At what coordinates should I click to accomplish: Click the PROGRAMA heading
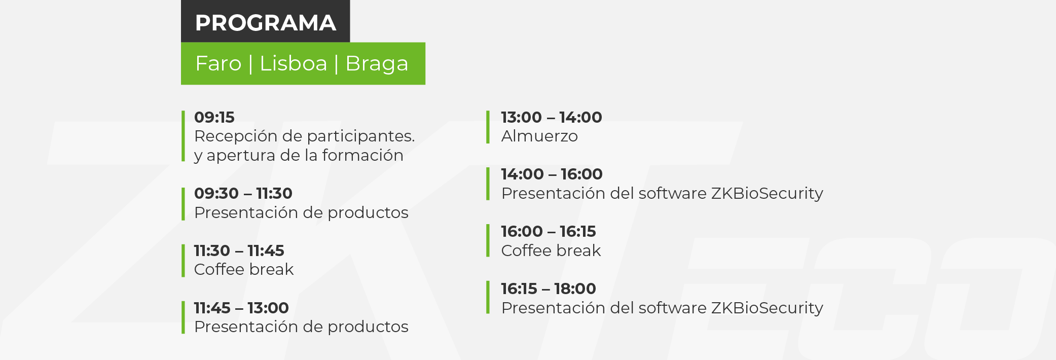pos(266,23)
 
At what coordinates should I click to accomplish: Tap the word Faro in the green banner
pos(219,64)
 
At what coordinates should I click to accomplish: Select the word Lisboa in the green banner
pos(294,64)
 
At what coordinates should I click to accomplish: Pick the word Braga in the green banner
pos(377,64)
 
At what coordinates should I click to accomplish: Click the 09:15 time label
pos(214,117)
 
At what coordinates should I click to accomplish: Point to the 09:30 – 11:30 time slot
pos(243,193)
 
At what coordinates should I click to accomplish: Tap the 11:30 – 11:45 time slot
pos(239,250)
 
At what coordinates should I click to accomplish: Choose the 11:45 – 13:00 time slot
pos(241,308)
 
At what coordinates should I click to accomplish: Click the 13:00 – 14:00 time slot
pos(552,117)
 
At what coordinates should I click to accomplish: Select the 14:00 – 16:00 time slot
pos(552,174)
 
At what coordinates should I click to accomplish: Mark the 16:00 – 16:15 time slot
pos(549,231)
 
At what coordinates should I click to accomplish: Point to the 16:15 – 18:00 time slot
pos(549,289)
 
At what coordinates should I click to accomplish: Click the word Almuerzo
pos(539,136)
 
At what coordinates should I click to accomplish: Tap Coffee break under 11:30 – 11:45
pos(244,269)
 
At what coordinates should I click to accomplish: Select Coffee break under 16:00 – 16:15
pos(551,250)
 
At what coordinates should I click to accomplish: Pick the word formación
pos(362,155)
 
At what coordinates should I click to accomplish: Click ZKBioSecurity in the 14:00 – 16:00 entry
pos(767,194)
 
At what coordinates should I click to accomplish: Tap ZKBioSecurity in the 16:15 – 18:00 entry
pos(767,308)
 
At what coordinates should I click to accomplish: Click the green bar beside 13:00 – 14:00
pos(488,127)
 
